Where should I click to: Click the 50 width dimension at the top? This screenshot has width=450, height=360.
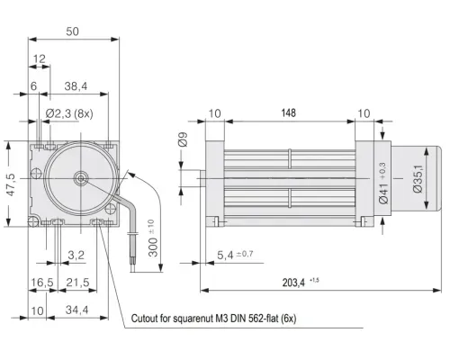pos(72,31)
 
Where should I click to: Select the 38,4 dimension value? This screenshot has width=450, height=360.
pos(76,86)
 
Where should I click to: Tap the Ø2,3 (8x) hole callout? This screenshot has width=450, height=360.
pos(69,113)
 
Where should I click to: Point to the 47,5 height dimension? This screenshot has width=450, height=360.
pos(11,184)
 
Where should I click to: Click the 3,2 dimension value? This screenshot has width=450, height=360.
pos(76,256)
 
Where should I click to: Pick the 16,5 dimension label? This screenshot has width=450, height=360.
pos(42,283)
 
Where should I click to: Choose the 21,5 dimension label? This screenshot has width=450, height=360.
pos(77,283)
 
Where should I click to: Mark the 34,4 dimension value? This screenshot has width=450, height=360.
pos(77,310)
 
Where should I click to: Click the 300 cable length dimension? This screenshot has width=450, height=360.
pos(153,247)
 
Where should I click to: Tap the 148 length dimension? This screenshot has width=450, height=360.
pos(289,113)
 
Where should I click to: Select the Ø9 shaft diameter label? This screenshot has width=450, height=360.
pos(183,139)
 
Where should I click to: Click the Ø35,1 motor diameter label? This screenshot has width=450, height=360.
pos(418,179)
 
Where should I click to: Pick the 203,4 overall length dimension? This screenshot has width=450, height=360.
pos(293,283)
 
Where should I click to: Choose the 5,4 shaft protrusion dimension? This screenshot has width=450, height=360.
pos(225,256)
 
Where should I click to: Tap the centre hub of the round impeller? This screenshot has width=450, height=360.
pos(81,178)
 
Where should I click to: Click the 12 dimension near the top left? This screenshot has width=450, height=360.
pos(40,58)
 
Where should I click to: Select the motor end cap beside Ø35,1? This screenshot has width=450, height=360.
pos(416,179)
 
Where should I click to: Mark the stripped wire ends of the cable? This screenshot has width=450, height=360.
pos(133,263)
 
